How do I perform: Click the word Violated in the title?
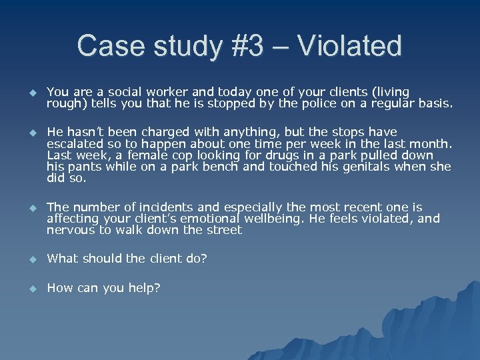350,47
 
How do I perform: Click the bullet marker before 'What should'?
31,259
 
